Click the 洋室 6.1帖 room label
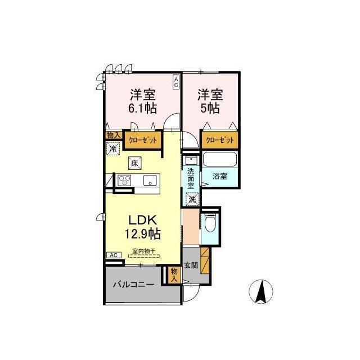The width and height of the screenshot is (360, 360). point(142,101)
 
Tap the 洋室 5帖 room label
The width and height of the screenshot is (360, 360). point(210,101)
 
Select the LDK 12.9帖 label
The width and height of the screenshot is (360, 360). point(142,227)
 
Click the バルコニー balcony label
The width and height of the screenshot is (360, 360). point(133,285)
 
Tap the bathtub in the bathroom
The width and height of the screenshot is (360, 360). point(220,159)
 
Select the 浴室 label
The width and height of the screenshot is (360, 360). point(220,176)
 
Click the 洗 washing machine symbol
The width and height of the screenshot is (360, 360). point(192,199)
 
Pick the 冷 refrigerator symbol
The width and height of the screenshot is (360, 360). point(113,148)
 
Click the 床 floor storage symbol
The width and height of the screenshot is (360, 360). point(134,163)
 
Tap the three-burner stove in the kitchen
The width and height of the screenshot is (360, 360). point(124,180)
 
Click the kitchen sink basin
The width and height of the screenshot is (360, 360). point(150,180)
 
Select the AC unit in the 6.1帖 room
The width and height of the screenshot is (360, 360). point(176,82)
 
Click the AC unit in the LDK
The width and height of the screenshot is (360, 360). point(114,255)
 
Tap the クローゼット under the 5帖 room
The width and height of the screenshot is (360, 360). point(220,140)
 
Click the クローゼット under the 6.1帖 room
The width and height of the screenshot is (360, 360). point(142,140)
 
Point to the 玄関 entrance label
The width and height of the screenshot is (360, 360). point(191,265)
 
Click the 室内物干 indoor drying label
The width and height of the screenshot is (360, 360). point(144,251)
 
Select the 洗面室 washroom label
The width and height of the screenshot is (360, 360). point(191,179)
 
